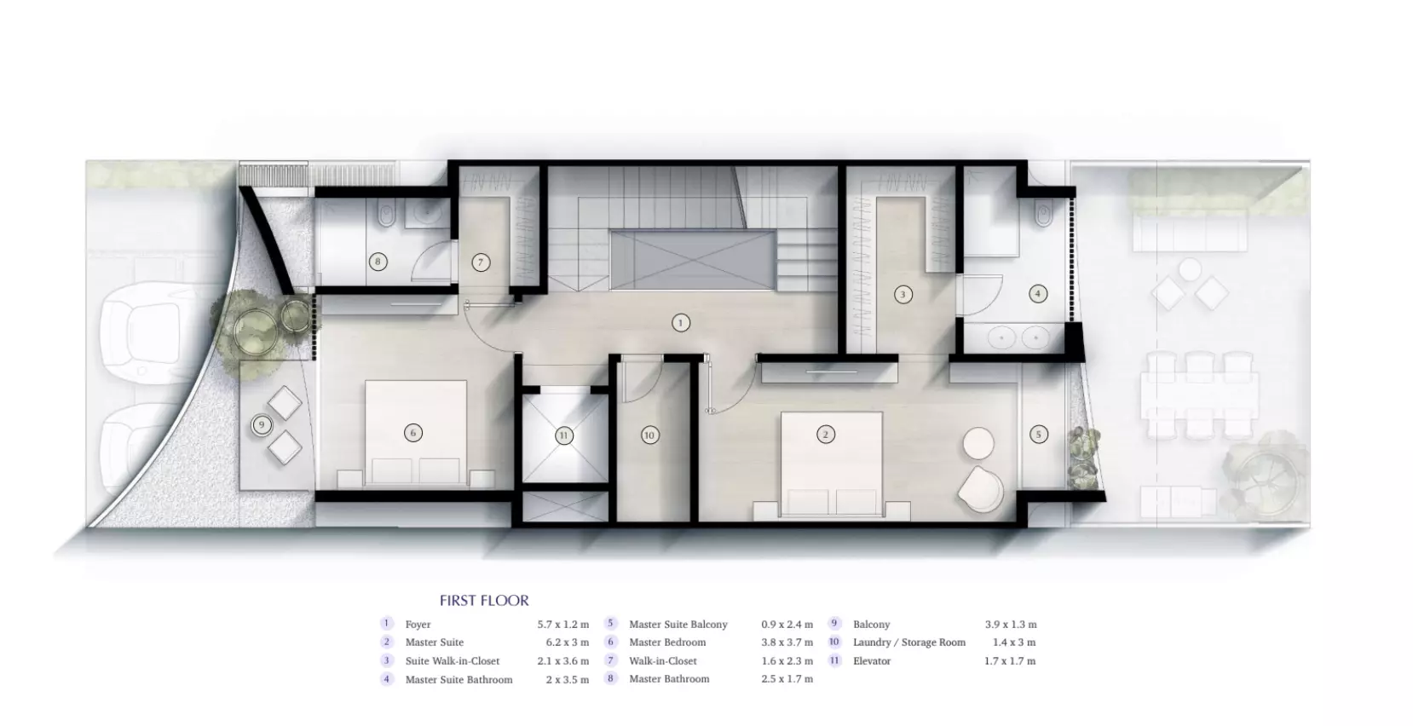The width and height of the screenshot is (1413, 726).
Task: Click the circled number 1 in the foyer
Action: [x=680, y=323]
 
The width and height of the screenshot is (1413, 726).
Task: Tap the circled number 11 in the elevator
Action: [x=564, y=435]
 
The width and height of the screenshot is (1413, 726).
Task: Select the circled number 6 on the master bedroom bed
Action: [x=413, y=433]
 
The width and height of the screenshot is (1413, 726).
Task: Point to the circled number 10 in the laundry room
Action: [x=649, y=435]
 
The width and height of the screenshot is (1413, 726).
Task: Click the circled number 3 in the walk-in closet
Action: [x=903, y=294]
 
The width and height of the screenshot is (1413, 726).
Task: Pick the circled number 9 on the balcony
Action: [x=261, y=425]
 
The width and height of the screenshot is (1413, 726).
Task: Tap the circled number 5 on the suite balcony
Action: [x=1038, y=434]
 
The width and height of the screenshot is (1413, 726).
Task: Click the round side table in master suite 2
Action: [x=978, y=443]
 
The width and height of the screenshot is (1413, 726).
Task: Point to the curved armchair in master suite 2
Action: [x=979, y=489]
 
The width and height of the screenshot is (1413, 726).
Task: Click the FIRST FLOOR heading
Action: [x=484, y=601]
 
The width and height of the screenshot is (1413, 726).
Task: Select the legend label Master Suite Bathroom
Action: [x=459, y=680]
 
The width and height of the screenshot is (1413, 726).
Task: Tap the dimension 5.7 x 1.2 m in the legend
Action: [x=562, y=625]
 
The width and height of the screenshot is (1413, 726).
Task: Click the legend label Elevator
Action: [x=872, y=661]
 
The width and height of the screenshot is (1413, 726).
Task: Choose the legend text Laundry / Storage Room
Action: [x=909, y=642]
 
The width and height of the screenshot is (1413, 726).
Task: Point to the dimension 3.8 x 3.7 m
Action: [x=787, y=642]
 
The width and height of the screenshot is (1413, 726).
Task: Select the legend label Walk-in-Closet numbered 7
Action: [x=662, y=661]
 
